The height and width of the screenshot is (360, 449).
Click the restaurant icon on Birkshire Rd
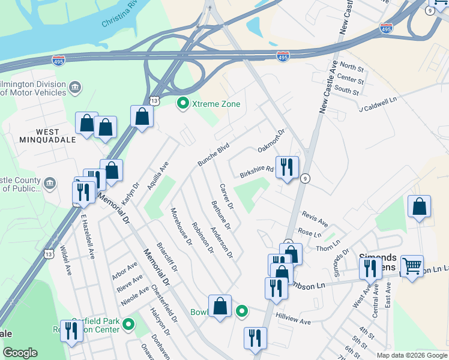pyautogui.click(x=287, y=166)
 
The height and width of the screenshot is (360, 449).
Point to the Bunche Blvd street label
pyautogui.click(x=214, y=154)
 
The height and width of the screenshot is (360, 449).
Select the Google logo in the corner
pyautogui.click(x=20, y=353)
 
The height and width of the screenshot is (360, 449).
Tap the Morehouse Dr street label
pyautogui.click(x=181, y=227)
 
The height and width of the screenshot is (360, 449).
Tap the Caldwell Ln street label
pyautogui.click(x=379, y=106)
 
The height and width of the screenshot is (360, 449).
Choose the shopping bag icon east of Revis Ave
pyautogui.click(x=419, y=206)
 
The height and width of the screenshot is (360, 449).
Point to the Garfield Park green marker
pyautogui.click(x=128, y=325)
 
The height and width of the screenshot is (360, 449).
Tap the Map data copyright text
pyautogui.click(x=412, y=355)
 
